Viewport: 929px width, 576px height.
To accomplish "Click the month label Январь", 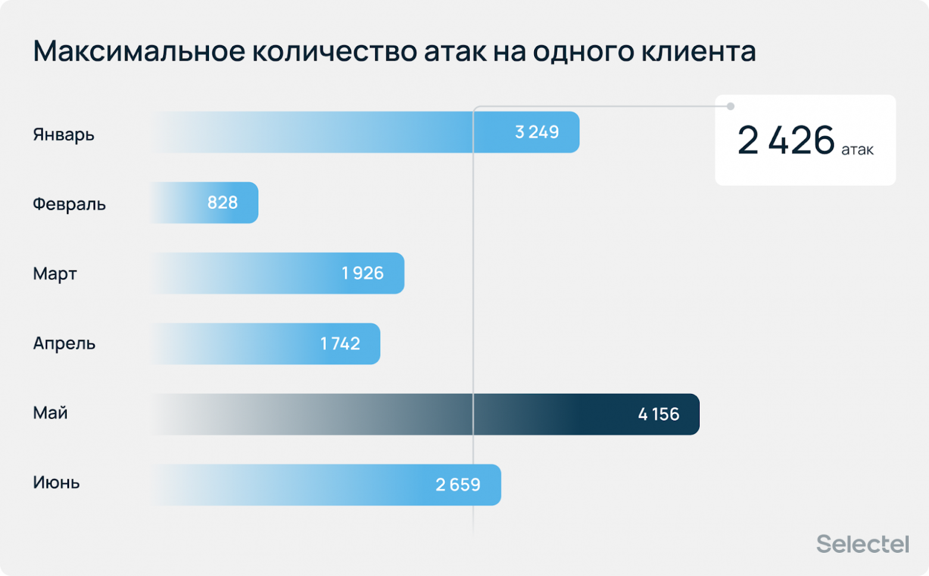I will pyautogui.click(x=64, y=134).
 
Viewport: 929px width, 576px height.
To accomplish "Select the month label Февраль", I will pyautogui.click(x=69, y=204).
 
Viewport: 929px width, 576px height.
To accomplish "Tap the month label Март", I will pyautogui.click(x=55, y=274).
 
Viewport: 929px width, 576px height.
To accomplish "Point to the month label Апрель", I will pyautogui.click(x=64, y=343).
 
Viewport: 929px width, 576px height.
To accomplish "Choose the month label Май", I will pyautogui.click(x=50, y=413).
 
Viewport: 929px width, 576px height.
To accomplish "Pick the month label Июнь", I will pyautogui.click(x=57, y=483).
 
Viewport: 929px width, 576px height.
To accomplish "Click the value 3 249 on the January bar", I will pyautogui.click(x=537, y=132).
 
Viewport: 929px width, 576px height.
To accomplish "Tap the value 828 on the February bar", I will pyautogui.click(x=222, y=203).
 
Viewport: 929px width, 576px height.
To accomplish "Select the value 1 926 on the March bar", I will pyautogui.click(x=363, y=273).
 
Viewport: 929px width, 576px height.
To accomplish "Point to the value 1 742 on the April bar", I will pyautogui.click(x=340, y=344).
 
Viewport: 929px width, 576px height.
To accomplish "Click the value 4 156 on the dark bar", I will pyautogui.click(x=659, y=414).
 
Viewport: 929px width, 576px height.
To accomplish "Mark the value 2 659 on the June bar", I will pyautogui.click(x=458, y=485).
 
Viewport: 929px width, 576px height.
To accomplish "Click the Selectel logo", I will pyautogui.click(x=862, y=544).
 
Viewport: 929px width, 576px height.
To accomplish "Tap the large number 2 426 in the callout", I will pyautogui.click(x=786, y=141).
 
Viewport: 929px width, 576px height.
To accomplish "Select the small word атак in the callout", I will pyautogui.click(x=858, y=150).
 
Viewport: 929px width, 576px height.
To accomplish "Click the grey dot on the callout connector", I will pyautogui.click(x=731, y=107).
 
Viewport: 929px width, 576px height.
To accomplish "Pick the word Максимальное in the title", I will pyautogui.click(x=139, y=51).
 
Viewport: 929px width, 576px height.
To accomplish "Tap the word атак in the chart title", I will pyautogui.click(x=455, y=51).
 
